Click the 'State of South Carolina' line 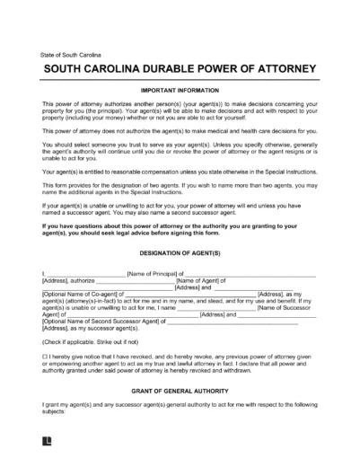click(x=72, y=56)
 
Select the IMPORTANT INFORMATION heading click(x=180, y=92)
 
